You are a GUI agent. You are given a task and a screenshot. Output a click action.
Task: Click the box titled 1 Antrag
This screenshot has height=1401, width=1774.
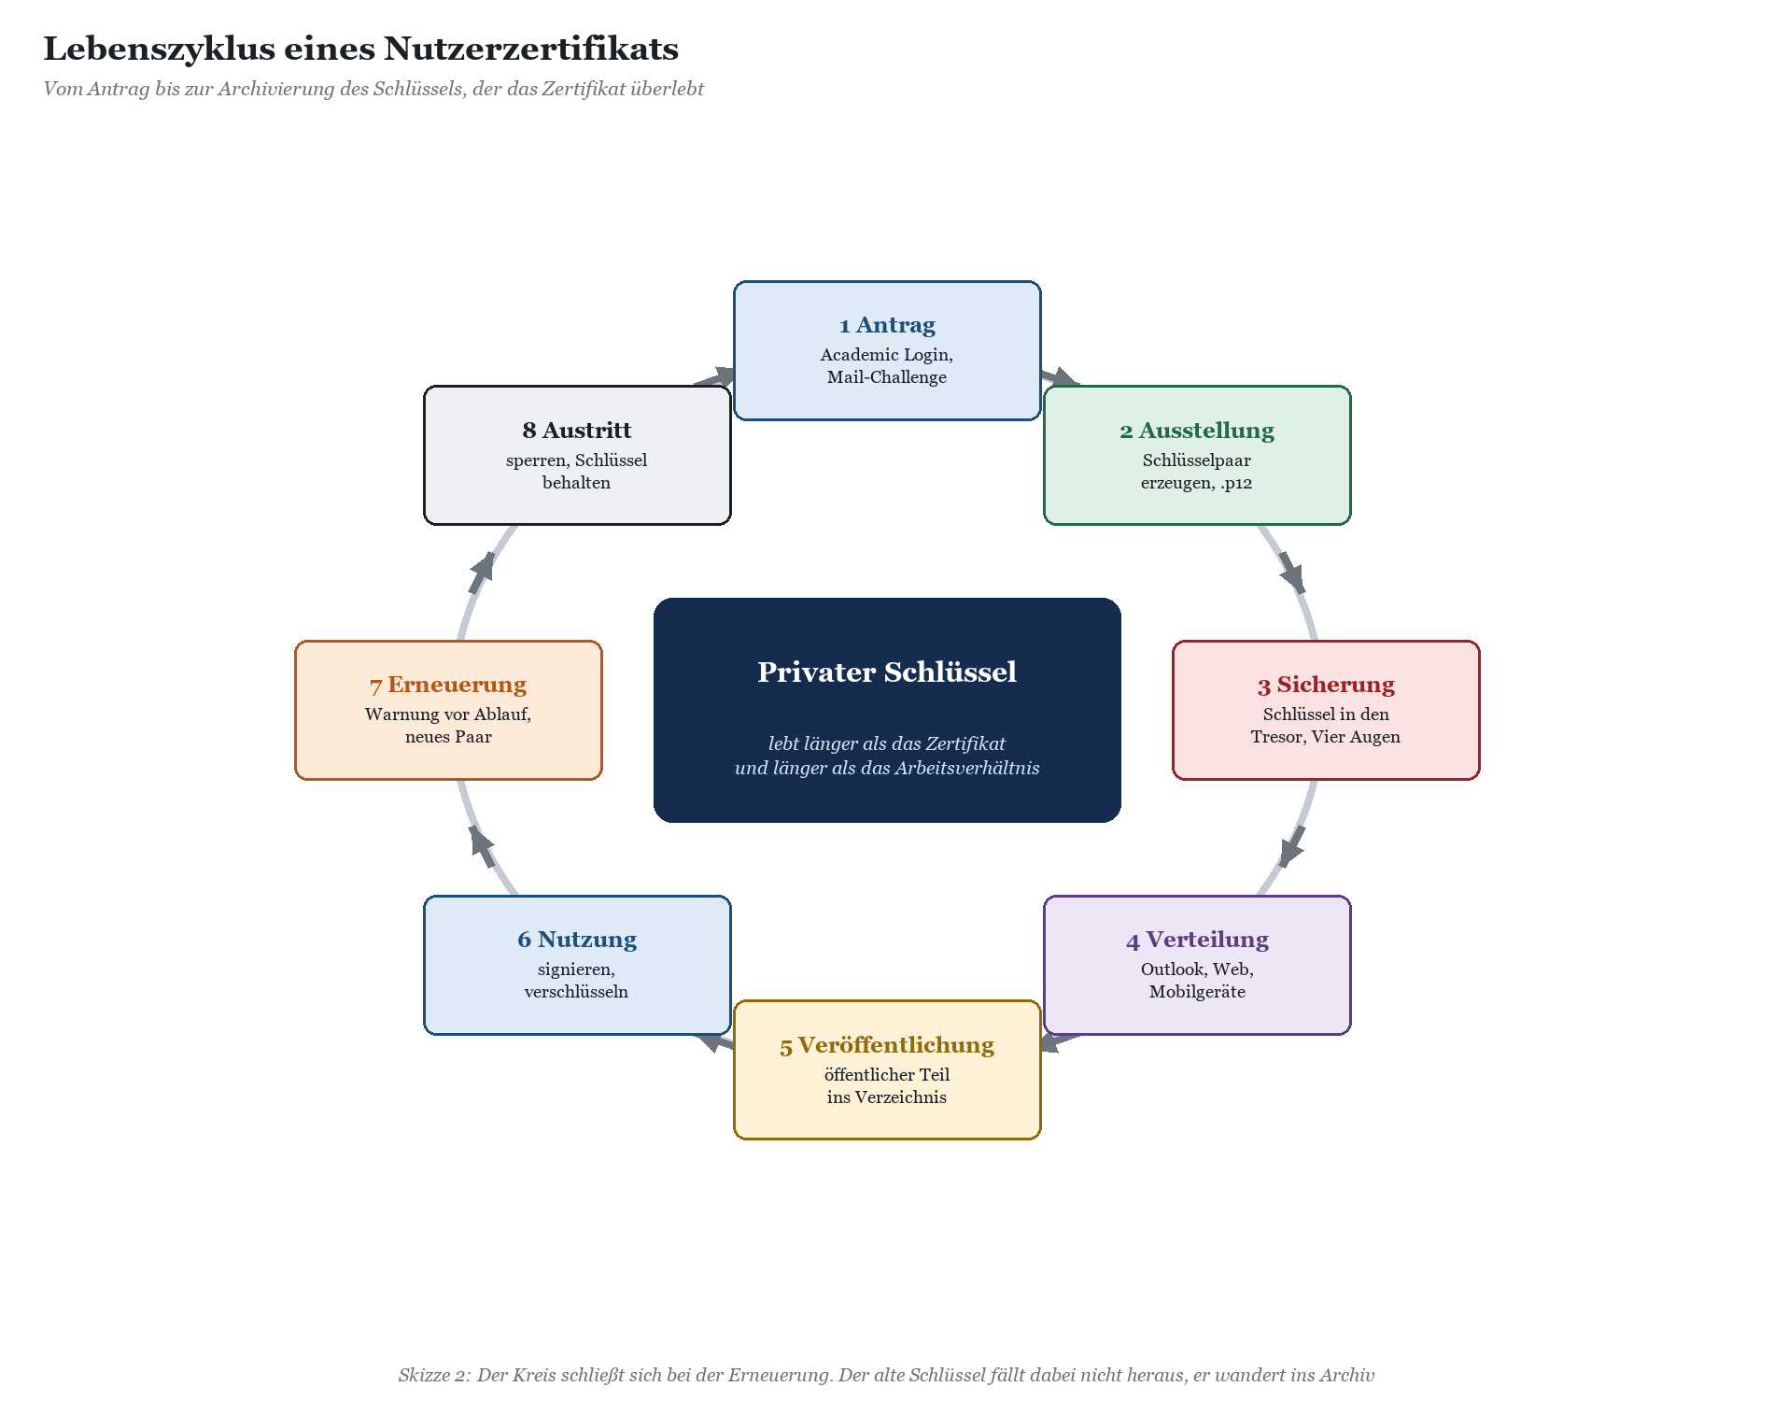click(x=887, y=350)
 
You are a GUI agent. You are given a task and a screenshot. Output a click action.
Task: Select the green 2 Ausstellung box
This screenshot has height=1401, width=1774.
click(x=1197, y=455)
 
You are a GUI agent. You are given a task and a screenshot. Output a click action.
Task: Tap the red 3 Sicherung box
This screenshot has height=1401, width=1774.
click(x=1326, y=710)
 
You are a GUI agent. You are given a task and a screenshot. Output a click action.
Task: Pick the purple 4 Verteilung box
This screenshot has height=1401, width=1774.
click(x=1197, y=965)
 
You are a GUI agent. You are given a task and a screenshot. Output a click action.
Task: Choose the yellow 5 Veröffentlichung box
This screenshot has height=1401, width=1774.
click(x=887, y=1069)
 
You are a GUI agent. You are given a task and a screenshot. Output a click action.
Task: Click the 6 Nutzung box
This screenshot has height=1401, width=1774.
click(x=577, y=965)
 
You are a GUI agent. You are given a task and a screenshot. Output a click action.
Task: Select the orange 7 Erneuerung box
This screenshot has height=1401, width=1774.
click(x=448, y=710)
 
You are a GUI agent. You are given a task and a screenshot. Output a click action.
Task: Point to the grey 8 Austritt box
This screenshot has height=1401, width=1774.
click(x=577, y=455)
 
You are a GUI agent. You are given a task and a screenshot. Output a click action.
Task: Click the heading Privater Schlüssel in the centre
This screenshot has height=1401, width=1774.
click(x=887, y=672)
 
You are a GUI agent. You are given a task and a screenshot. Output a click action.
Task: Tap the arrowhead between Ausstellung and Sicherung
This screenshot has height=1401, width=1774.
click(x=1292, y=573)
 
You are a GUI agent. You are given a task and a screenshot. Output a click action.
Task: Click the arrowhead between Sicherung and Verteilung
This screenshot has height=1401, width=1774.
click(x=1292, y=847)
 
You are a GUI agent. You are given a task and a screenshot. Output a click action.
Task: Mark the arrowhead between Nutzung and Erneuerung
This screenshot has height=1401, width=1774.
click(x=482, y=847)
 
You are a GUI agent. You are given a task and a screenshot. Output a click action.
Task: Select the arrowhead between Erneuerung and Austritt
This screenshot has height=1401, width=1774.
click(x=482, y=573)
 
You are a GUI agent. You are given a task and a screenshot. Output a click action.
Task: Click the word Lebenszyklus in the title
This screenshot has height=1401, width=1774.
click(x=159, y=49)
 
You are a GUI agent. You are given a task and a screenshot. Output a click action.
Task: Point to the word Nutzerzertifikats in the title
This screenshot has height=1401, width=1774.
click(x=531, y=49)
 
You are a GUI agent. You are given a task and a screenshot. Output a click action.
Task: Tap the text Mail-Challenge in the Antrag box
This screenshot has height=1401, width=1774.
click(x=887, y=377)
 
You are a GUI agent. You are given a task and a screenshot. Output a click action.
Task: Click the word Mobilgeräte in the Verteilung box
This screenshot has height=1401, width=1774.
click(x=1197, y=992)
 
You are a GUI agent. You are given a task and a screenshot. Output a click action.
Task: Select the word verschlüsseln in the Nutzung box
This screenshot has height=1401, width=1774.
click(x=576, y=992)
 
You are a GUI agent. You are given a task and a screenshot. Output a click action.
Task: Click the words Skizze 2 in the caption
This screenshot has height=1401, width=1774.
click(x=433, y=1375)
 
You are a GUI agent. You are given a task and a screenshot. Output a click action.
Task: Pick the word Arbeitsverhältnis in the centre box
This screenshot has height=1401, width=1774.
click(x=966, y=768)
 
